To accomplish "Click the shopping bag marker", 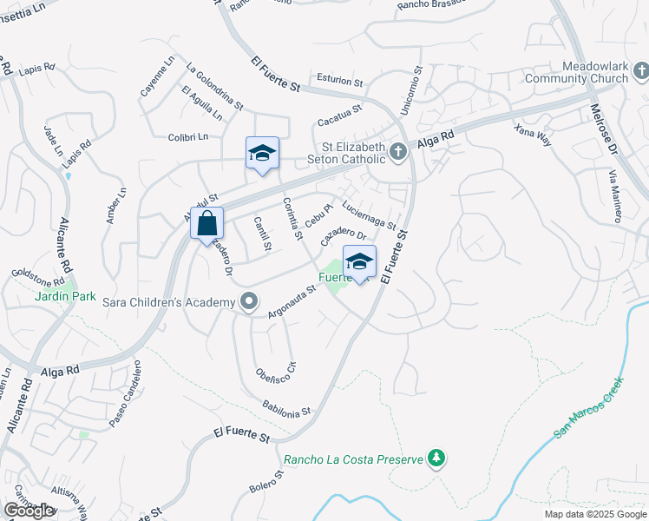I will [x=206, y=224].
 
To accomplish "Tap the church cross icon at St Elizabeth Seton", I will [x=398, y=152].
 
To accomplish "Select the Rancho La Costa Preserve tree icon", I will [x=436, y=458].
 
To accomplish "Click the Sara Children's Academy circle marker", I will [x=249, y=302].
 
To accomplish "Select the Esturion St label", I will [x=339, y=81].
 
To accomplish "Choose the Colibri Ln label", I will [x=187, y=136].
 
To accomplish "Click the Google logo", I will [x=29, y=511].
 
